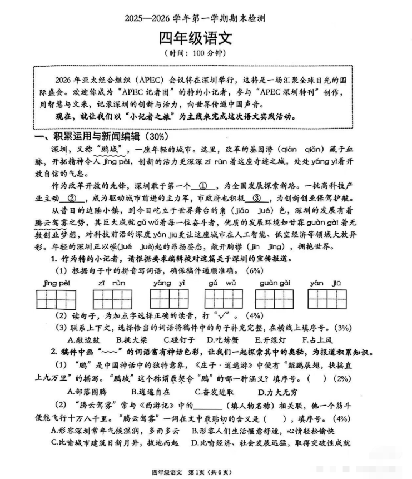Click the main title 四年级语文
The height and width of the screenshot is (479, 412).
[206, 38]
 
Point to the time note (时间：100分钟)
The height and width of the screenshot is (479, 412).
[206, 54]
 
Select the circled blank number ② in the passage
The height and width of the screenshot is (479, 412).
[72, 199]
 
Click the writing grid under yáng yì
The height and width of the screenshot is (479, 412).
[170, 299]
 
